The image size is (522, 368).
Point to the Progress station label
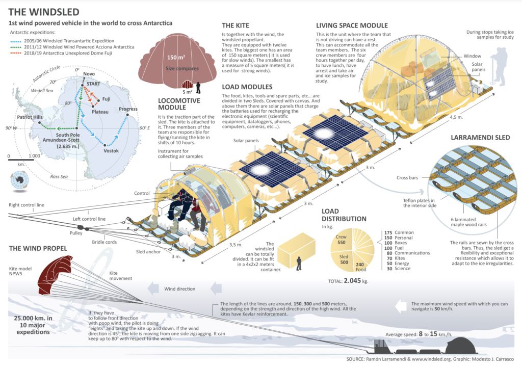(x=127, y=109)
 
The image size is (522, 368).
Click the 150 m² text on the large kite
(x=176, y=58)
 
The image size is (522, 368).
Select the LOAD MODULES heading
(x=247, y=87)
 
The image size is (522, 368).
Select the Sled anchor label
(x=147, y=252)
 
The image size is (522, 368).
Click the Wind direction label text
(x=179, y=289)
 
